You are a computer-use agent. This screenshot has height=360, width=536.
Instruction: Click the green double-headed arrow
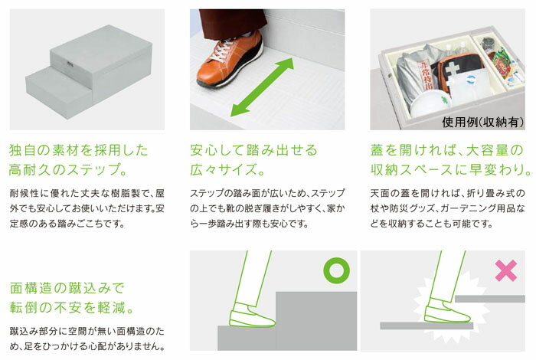coord(262,87)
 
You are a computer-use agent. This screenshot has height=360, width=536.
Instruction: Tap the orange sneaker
coord(230,61)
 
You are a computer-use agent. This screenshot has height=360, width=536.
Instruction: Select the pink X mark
coord(506,270)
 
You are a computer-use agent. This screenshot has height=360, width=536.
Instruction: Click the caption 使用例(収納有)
coord(482,122)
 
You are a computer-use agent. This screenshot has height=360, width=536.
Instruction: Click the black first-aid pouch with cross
coord(458,70)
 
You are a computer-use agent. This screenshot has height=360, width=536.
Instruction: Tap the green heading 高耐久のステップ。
coord(68,169)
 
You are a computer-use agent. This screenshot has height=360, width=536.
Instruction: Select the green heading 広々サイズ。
coord(227,169)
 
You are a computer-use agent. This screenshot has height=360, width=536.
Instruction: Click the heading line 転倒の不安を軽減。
coord(71,307)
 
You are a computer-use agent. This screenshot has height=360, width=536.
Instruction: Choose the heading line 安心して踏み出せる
coord(253,150)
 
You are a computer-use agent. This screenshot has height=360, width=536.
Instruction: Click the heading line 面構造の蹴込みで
coord(67,288)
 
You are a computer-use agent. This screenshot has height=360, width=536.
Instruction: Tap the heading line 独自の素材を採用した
coord(79,150)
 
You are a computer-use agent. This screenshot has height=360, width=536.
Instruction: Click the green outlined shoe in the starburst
coord(446,311)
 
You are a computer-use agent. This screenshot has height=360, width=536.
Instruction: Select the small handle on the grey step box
coord(70,63)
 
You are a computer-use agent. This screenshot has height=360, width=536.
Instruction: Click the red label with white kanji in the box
coord(423,76)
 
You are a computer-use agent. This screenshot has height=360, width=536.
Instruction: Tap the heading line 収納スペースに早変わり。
coord(451,169)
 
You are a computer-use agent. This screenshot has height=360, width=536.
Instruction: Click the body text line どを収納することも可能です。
coord(432,224)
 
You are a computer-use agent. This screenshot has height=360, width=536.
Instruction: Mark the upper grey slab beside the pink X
coord(490,299)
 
